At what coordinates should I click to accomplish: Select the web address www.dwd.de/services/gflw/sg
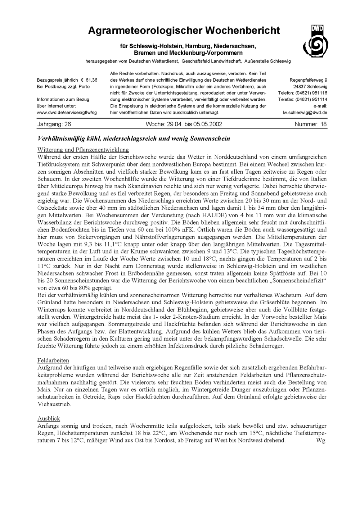click(67, 113)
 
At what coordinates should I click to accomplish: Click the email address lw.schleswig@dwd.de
click(305, 113)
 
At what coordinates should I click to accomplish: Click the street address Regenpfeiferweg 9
click(309, 80)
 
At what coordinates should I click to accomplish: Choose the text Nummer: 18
click(311, 124)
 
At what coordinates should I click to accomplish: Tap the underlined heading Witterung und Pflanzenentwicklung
click(83, 149)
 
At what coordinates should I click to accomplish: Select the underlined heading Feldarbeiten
click(53, 360)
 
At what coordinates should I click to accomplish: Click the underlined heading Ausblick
click(49, 418)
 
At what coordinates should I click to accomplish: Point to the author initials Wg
click(320, 440)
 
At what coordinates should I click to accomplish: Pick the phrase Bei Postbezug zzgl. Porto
click(63, 87)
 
